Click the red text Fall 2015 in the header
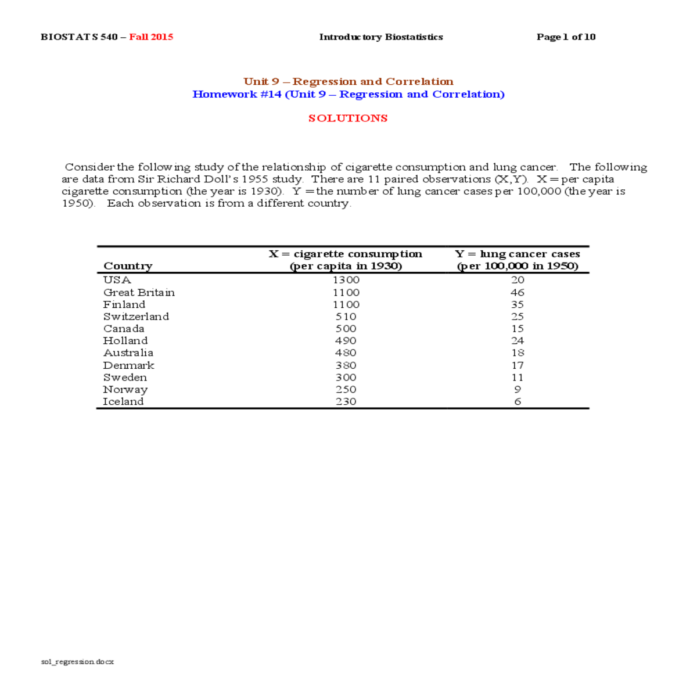pyautogui.click(x=151, y=37)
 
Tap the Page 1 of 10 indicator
pyautogui.click(x=566, y=37)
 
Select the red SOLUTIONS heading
pyautogui.click(x=348, y=118)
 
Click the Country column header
pyautogui.click(x=128, y=266)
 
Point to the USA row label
pyautogui.click(x=117, y=280)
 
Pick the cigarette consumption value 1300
pyautogui.click(x=346, y=280)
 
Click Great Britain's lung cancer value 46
pyautogui.click(x=518, y=293)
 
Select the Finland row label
pyautogui.click(x=124, y=305)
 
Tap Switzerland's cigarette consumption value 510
pyautogui.click(x=346, y=317)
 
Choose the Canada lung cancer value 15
pyautogui.click(x=518, y=329)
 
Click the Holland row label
pyautogui.click(x=125, y=341)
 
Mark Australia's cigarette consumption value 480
pyautogui.click(x=346, y=353)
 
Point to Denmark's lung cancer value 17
pyautogui.click(x=518, y=365)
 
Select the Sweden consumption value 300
pyautogui.click(x=346, y=378)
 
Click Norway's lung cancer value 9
pyautogui.click(x=518, y=390)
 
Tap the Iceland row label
pyautogui.click(x=123, y=402)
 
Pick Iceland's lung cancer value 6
pyautogui.click(x=518, y=402)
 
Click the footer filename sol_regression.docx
pyautogui.click(x=78, y=662)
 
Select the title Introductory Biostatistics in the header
pyautogui.click(x=381, y=37)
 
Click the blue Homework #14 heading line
pyautogui.click(x=348, y=95)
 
